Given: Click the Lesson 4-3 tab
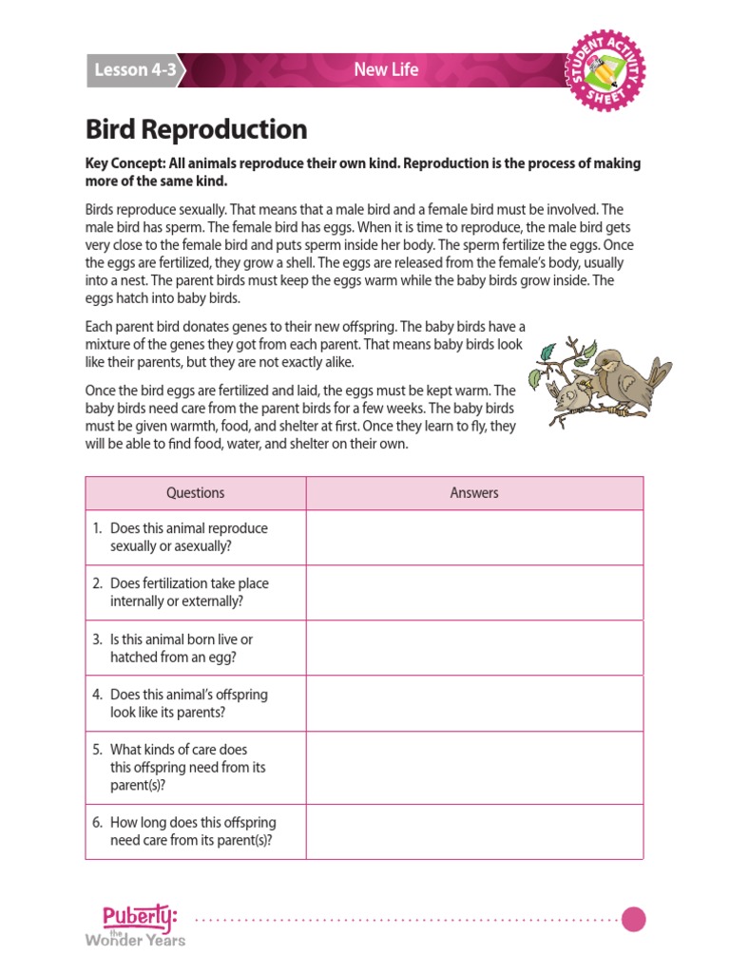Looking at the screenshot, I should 134,70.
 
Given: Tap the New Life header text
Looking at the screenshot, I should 386,69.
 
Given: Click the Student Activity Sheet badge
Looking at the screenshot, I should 605,69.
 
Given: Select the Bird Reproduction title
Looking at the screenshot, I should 197,129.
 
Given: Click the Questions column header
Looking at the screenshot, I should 196,493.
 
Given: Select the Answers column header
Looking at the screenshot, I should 474,493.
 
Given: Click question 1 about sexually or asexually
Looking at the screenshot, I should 189,538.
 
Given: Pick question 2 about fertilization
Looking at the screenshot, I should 189,593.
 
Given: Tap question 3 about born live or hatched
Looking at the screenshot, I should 182,648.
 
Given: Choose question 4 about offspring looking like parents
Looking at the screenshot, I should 189,703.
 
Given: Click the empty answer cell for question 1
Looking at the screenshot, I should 474,538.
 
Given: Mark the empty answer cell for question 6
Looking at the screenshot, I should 474,831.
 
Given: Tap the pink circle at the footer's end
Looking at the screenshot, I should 634,919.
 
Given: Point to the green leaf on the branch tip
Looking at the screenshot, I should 547,353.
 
